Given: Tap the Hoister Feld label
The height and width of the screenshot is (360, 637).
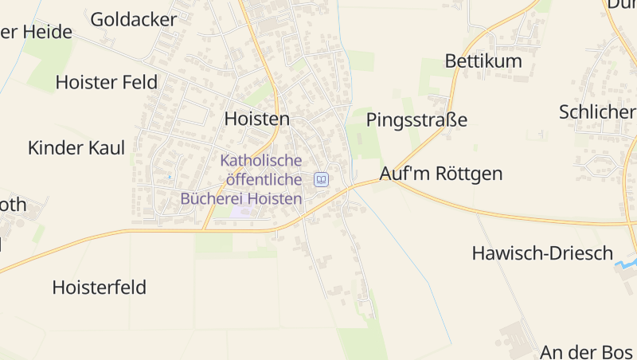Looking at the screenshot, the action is pos(106,82).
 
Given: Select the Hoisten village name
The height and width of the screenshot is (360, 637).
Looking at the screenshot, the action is pos(257,119).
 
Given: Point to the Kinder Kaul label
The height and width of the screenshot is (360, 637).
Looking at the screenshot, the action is pos(76,147).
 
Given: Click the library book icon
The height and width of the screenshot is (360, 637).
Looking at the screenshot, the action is pos(321,180).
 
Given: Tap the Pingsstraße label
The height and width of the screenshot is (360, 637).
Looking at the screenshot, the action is pos(416,120).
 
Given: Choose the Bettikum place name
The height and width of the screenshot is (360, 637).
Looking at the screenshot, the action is pos(483,61).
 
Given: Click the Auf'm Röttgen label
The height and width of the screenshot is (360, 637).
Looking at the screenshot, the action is pos(441,174).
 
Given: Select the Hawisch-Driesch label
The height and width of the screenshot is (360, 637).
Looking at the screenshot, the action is pos(542,253).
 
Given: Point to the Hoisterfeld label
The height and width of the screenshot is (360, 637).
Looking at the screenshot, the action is pos(100,288).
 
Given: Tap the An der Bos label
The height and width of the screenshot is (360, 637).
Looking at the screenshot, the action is pos(588,351).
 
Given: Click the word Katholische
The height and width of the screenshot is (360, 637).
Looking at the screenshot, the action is pos(261,161).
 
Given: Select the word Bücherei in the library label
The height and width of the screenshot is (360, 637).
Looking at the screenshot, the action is pos(213,198).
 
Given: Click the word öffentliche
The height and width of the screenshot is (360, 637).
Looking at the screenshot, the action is pos(261,180).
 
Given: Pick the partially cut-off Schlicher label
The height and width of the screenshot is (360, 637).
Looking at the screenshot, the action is pos(597,112).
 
